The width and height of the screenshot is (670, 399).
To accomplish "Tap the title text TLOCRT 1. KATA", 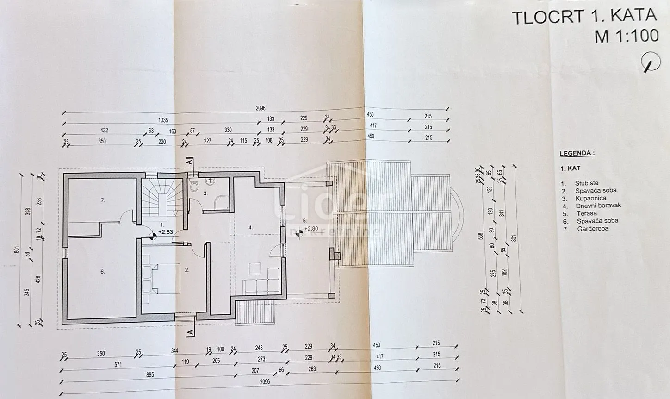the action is click(x=584, y=17).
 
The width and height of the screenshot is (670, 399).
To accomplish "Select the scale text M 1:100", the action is click(x=627, y=36).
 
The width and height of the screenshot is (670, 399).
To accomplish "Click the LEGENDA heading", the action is click(x=577, y=153).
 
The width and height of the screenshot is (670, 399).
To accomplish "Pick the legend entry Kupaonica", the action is click(x=591, y=198).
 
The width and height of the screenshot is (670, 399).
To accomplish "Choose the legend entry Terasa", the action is click(x=587, y=213).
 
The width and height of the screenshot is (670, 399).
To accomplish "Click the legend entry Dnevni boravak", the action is click(x=598, y=206).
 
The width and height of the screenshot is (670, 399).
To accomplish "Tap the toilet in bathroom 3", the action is click(x=194, y=185).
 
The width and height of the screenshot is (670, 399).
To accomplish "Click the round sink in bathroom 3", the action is click(x=211, y=181).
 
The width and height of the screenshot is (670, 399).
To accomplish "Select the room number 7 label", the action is click(x=103, y=200).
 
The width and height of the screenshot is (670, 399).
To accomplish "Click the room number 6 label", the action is click(x=102, y=272).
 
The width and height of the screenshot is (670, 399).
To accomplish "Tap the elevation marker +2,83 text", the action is click(x=165, y=232).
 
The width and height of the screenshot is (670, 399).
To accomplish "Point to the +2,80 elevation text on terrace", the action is click(x=311, y=228).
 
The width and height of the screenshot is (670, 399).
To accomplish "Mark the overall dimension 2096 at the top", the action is click(x=261, y=108).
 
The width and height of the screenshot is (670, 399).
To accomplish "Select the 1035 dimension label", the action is click(x=163, y=120).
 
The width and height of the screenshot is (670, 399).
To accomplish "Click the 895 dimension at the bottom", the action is click(x=150, y=375).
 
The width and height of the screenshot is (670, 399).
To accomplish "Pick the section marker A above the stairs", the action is click(x=189, y=162).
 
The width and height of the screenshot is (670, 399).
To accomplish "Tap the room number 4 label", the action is click(x=250, y=227).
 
